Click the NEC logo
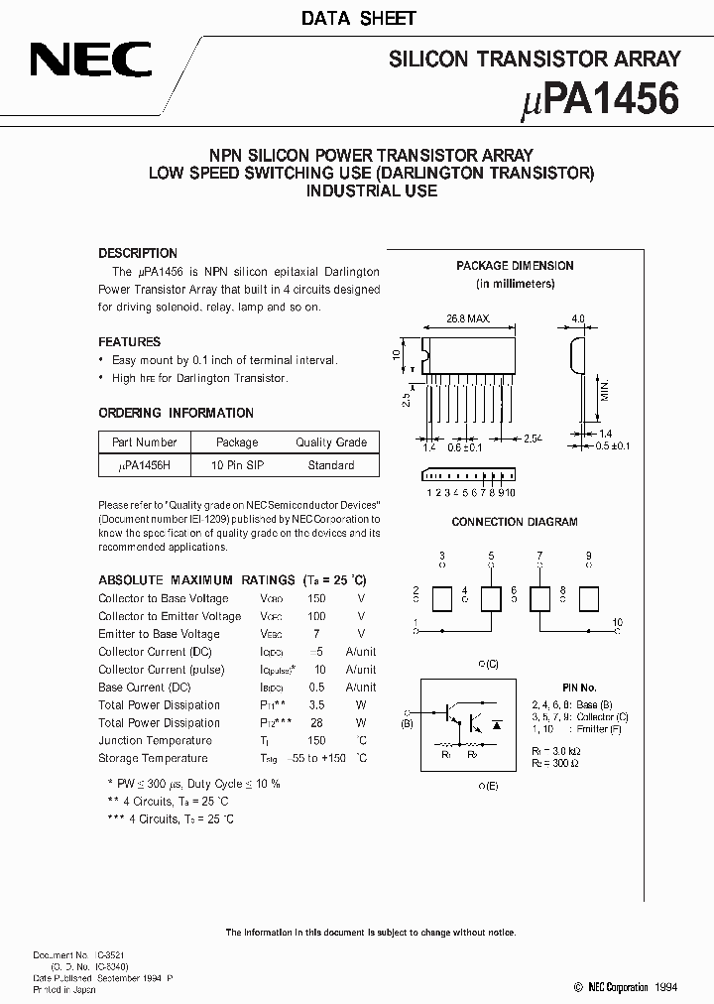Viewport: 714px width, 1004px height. pyautogui.click(x=90, y=61)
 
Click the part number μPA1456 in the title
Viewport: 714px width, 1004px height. pyautogui.click(x=600, y=100)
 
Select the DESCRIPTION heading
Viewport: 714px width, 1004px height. pyautogui.click(x=138, y=253)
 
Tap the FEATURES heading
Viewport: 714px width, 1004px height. pyautogui.click(x=130, y=342)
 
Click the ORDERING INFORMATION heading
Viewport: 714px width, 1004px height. pyautogui.click(x=176, y=413)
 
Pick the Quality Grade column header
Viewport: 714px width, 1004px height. pyautogui.click(x=330, y=442)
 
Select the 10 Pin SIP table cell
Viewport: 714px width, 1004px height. pyautogui.click(x=237, y=465)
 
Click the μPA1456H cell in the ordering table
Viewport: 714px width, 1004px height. pyautogui.click(x=145, y=465)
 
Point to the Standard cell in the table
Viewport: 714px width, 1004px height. pyautogui.click(x=330, y=465)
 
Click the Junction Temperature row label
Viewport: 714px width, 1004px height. pyautogui.click(x=155, y=740)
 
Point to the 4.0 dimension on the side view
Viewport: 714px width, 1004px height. pyautogui.click(x=578, y=320)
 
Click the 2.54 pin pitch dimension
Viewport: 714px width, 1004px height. pyautogui.click(x=534, y=437)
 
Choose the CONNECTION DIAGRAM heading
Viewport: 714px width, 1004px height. pyautogui.click(x=514, y=522)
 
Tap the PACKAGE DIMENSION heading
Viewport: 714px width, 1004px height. pyautogui.click(x=515, y=266)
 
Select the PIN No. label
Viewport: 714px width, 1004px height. pyautogui.click(x=579, y=687)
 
